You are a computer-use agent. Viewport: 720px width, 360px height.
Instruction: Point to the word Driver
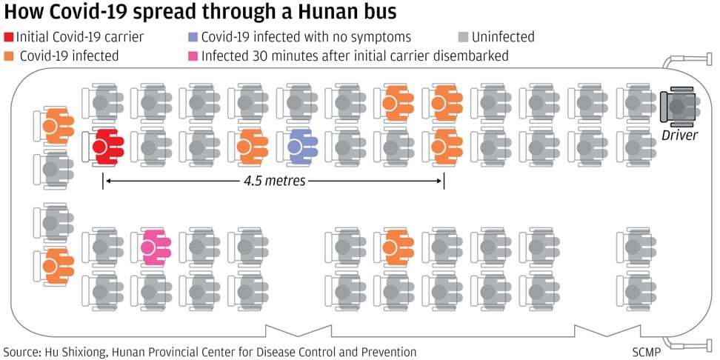(x=680, y=134)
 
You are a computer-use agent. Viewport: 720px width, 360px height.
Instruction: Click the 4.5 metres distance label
(x=273, y=180)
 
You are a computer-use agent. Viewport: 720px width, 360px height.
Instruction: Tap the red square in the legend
(x=8, y=37)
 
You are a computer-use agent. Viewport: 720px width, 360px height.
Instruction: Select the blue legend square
(x=193, y=37)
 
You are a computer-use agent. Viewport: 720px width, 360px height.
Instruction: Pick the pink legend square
(x=193, y=56)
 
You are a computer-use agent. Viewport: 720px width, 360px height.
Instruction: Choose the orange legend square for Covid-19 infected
(x=8, y=56)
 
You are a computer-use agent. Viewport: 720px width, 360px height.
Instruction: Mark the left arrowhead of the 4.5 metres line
(x=105, y=180)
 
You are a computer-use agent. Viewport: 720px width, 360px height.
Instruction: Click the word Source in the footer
(x=23, y=351)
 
